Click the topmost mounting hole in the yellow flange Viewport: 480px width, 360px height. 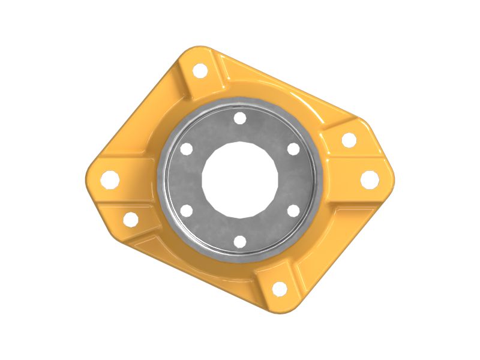click(x=200, y=70)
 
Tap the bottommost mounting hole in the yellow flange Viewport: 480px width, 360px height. click(x=280, y=289)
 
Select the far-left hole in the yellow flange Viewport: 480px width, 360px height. click(x=110, y=179)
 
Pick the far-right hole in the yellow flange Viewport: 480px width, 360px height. click(x=370, y=179)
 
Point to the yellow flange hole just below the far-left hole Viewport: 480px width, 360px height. click(x=131, y=219)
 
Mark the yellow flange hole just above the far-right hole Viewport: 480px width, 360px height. click(x=349, y=140)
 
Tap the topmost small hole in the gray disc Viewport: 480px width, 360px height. click(x=240, y=118)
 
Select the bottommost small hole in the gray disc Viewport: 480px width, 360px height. click(x=240, y=241)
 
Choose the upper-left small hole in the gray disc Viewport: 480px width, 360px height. click(x=186, y=149)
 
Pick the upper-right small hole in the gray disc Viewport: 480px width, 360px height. click(x=293, y=148)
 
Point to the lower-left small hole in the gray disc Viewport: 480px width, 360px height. click(x=186, y=211)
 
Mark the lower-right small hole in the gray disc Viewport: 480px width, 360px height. click(x=293, y=211)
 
